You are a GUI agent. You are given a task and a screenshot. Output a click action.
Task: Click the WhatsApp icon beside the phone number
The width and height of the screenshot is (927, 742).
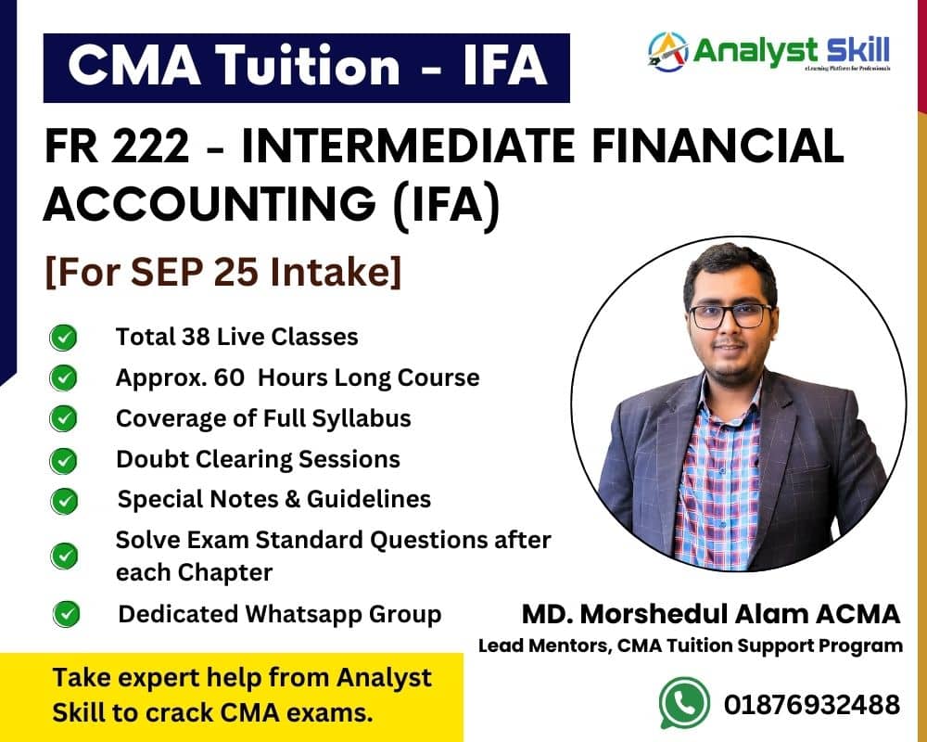point(685,703)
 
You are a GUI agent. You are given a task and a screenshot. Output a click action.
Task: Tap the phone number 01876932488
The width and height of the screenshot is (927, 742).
point(812,705)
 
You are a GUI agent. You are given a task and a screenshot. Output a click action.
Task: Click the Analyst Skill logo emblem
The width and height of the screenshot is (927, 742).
point(668,52)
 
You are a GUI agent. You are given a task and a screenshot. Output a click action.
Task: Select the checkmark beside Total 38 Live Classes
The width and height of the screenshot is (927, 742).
point(63,338)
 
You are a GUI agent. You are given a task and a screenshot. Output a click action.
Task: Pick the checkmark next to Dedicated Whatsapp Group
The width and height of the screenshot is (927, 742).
point(66,614)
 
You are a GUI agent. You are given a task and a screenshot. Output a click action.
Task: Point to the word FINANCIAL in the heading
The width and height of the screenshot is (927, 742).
point(717,146)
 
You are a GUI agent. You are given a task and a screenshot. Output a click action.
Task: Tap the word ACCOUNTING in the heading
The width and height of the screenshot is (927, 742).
point(210,203)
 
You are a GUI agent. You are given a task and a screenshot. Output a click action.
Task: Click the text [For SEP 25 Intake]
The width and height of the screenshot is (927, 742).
point(223,272)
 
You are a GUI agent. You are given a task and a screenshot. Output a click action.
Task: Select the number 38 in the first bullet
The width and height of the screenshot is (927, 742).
point(195,338)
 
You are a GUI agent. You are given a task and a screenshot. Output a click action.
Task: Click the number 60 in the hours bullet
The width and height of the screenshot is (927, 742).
point(229,377)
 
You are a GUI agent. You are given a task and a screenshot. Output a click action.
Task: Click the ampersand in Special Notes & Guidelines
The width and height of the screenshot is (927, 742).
point(292,499)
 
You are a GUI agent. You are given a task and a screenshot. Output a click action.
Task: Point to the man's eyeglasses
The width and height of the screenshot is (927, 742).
point(730,315)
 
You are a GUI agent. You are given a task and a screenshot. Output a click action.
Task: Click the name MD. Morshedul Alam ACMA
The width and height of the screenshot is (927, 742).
point(711,614)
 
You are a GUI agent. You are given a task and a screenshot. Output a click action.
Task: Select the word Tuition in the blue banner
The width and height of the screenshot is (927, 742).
point(308,65)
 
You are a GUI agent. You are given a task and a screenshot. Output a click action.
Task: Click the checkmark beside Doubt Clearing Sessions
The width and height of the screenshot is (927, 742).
point(63,461)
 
